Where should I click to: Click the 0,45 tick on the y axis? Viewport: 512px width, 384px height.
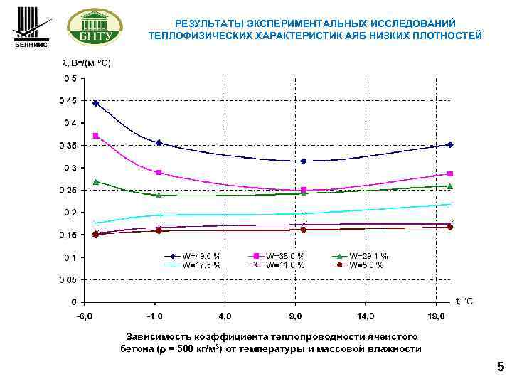click(x=70, y=101)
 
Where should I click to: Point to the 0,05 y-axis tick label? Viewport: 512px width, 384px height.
click(x=70, y=279)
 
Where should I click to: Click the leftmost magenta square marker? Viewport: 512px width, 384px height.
click(x=96, y=136)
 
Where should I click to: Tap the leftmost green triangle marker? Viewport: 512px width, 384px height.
click(x=96, y=182)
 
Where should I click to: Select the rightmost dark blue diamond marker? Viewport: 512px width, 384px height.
click(x=450, y=145)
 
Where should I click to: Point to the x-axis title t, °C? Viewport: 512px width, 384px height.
click(x=464, y=302)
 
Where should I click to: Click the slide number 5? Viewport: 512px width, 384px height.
click(x=500, y=368)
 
